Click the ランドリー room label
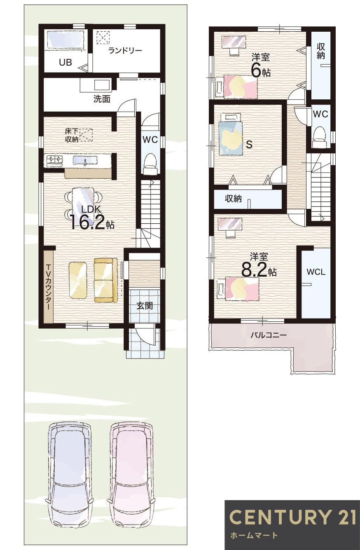coord(125,51)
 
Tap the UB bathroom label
coord(65,63)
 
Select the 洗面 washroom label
coord(101,99)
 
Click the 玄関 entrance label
coord(144,306)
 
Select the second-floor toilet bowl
coord(320,136)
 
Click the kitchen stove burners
coord(54,159)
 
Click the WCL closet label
coord(316,272)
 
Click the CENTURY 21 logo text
coord(292,517)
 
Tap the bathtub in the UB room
coord(65,40)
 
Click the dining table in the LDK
coord(83,201)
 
